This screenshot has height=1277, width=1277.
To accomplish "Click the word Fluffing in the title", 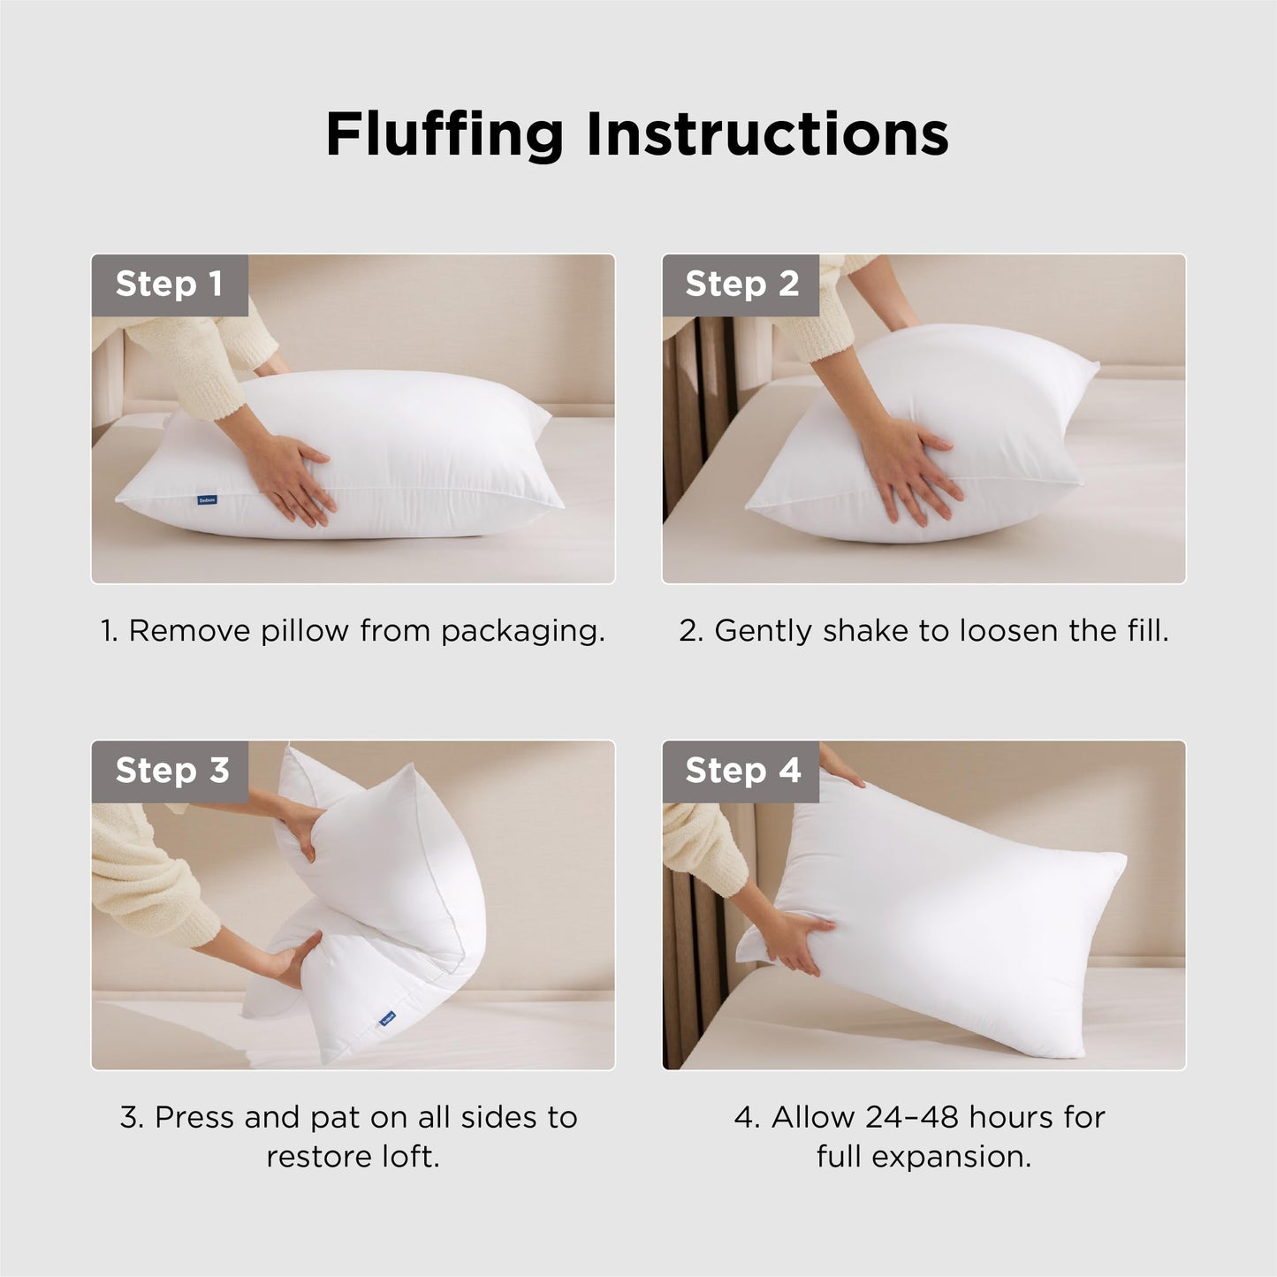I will click(x=445, y=134).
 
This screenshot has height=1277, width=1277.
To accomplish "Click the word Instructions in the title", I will click(x=766, y=134).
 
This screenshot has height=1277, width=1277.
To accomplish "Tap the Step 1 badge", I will click(x=169, y=285).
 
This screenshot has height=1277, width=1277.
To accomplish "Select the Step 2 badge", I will click(x=741, y=285).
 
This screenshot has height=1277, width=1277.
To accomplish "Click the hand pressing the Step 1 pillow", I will click(x=296, y=477).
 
